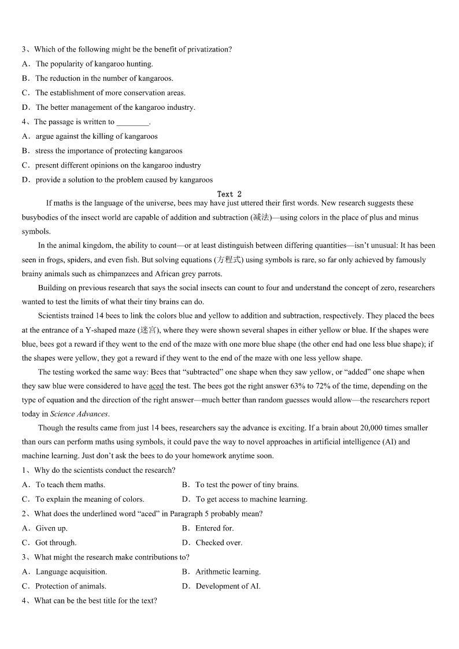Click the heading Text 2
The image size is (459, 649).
pyautogui.click(x=229, y=194)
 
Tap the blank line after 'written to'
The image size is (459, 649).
pyautogui.click(x=132, y=122)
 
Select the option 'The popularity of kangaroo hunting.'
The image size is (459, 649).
pyautogui.click(x=94, y=64)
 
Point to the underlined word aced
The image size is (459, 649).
pyautogui.click(x=156, y=386)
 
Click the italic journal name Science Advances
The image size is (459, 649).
pyautogui.click(x=79, y=414)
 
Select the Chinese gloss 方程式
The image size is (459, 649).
pyautogui.click(x=229, y=259)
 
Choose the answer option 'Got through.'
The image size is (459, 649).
pyautogui.click(x=56, y=543)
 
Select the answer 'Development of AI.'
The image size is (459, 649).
pyautogui.click(x=228, y=586)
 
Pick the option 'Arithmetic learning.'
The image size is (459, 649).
pyautogui.click(x=228, y=572)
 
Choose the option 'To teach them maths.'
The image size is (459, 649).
pyautogui.click(x=71, y=485)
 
